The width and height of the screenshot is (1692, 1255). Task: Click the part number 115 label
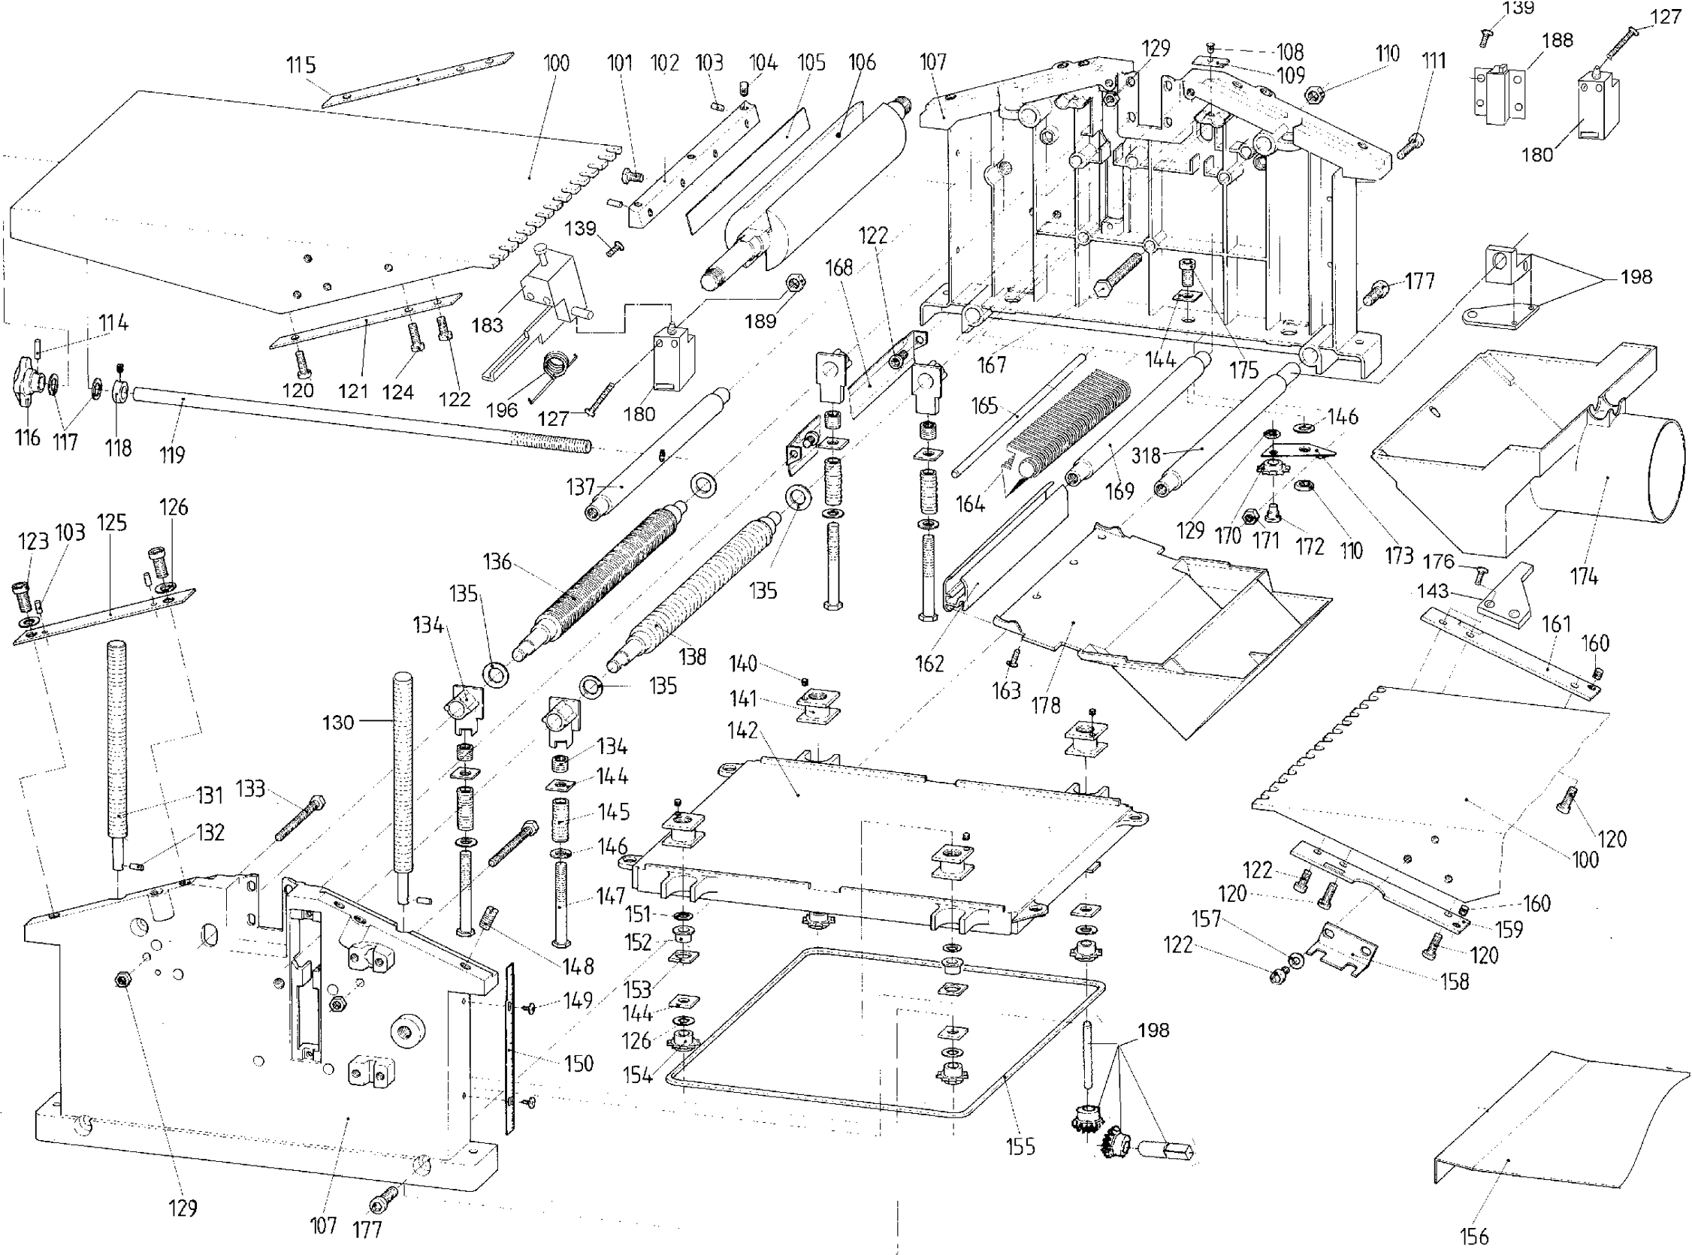pyautogui.click(x=301, y=65)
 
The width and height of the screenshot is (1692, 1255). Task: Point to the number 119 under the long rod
pyautogui.click(x=172, y=455)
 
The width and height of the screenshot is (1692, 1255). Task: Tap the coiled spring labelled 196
pyautogui.click(x=556, y=367)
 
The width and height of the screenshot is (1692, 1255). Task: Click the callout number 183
pyautogui.click(x=487, y=325)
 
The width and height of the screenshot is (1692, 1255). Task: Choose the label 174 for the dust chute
pyautogui.click(x=1584, y=577)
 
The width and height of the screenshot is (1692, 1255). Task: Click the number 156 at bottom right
pyautogui.click(x=1474, y=1237)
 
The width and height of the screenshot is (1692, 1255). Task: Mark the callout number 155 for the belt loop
pyautogui.click(x=1020, y=1146)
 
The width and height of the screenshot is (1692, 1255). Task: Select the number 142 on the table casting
pyautogui.click(x=742, y=730)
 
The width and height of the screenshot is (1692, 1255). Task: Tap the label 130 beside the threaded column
pyautogui.click(x=338, y=723)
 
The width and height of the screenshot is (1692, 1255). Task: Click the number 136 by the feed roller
pyautogui.click(x=497, y=563)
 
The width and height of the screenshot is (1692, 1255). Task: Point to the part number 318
pyautogui.click(x=1146, y=455)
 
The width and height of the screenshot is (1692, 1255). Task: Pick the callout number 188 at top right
pyautogui.click(x=1558, y=41)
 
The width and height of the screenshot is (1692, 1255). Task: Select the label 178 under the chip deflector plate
pyautogui.click(x=1045, y=705)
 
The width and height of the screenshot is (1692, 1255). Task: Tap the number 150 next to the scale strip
pyautogui.click(x=579, y=1063)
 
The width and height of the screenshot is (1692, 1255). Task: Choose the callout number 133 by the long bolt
pyautogui.click(x=250, y=789)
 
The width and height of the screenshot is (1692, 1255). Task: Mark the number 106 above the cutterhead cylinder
pyautogui.click(x=862, y=62)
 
